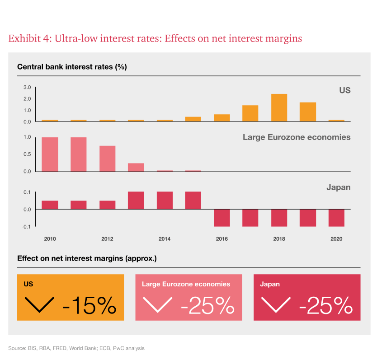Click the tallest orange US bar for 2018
pyautogui.click(x=279, y=108)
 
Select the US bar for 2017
pyautogui.click(x=250, y=113)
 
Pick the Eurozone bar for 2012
pyautogui.click(x=107, y=159)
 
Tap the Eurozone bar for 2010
pyautogui.click(x=50, y=154)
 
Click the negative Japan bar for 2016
pyautogui.click(x=221, y=218)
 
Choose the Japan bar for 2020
pyautogui.click(x=336, y=218)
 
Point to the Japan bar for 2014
pyautogui.click(x=165, y=201)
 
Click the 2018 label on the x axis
pyautogui.click(x=279, y=239)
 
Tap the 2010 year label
pyautogui.click(x=50, y=239)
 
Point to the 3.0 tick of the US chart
pyautogui.click(x=27, y=88)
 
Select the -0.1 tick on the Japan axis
pyautogui.click(x=27, y=227)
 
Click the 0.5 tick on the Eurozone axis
pyautogui.click(x=27, y=154)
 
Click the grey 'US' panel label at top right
pyautogui.click(x=344, y=90)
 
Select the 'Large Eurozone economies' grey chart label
pyautogui.click(x=296, y=137)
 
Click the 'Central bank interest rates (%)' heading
pyautogui.click(x=72, y=67)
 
